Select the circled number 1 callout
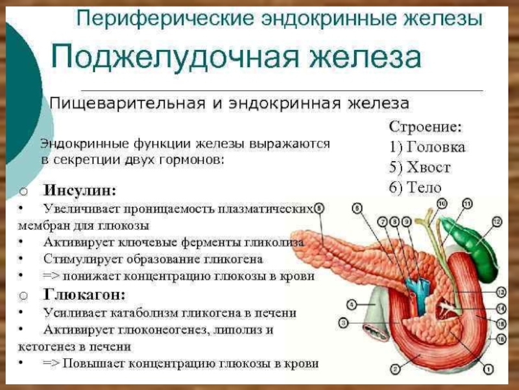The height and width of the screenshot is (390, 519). (x=486, y=370)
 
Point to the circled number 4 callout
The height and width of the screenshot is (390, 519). (x=350, y=304)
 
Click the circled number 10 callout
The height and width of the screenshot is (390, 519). (x=442, y=204)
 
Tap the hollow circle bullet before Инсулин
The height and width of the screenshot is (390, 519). (x=23, y=191)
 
